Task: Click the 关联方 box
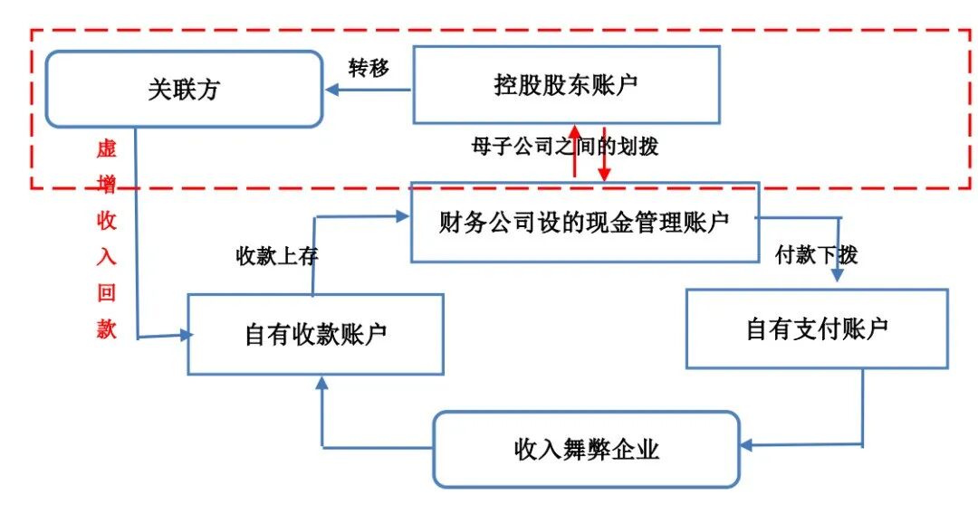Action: click(184, 89)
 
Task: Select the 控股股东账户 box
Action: click(566, 85)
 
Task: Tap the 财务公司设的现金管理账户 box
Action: click(584, 223)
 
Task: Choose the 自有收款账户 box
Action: click(315, 333)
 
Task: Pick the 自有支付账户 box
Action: click(816, 328)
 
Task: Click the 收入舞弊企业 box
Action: click(586, 449)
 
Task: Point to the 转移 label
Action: click(369, 68)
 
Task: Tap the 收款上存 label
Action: click(277, 256)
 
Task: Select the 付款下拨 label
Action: click(816, 255)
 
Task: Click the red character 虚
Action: click(107, 149)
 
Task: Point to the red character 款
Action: click(107, 329)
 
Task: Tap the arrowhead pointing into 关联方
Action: click(332, 90)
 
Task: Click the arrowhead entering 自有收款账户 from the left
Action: click(187, 335)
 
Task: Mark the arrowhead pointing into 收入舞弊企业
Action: click(747, 444)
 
